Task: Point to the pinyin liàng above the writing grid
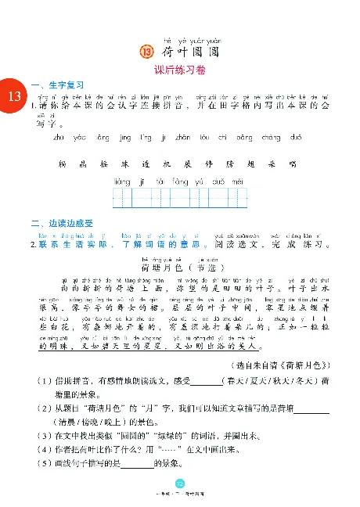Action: pos(121,181)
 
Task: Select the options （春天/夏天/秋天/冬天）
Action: pos(270,360)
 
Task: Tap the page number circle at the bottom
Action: pos(179,484)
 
